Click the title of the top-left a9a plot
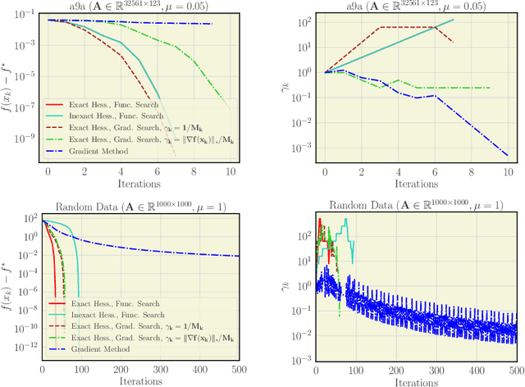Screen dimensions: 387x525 [x=139, y=8]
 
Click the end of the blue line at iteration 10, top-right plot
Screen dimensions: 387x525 [x=508, y=155]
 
